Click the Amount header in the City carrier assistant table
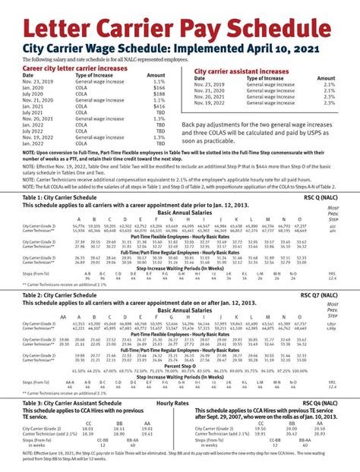point(326,78)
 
